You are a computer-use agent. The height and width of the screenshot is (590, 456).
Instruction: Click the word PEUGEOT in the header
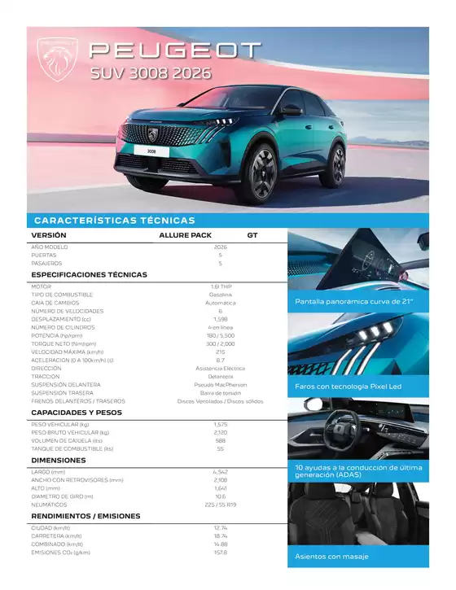tap(173, 51)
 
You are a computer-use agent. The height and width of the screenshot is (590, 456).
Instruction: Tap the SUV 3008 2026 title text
tap(150, 73)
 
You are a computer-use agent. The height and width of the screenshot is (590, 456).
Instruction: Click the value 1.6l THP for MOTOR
tap(220, 286)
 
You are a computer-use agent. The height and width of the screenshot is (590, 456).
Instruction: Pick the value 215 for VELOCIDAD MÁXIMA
tap(220, 352)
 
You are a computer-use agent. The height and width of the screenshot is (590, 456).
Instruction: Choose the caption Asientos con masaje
tap(331, 557)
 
